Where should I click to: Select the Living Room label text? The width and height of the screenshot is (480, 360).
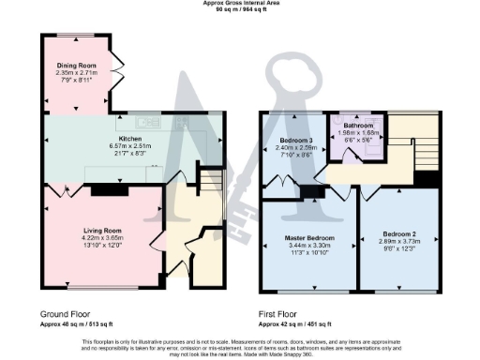click(x=101, y=231)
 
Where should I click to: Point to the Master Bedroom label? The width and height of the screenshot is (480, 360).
click(x=308, y=237)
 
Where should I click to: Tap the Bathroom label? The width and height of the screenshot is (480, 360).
click(x=357, y=125)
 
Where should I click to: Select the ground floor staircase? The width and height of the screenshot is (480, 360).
click(x=213, y=178)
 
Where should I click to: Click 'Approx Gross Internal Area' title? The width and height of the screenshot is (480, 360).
click(x=240, y=4)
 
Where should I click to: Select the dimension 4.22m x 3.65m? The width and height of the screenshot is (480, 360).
click(x=101, y=238)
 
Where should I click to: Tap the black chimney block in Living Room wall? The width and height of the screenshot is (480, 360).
click(x=102, y=190)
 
